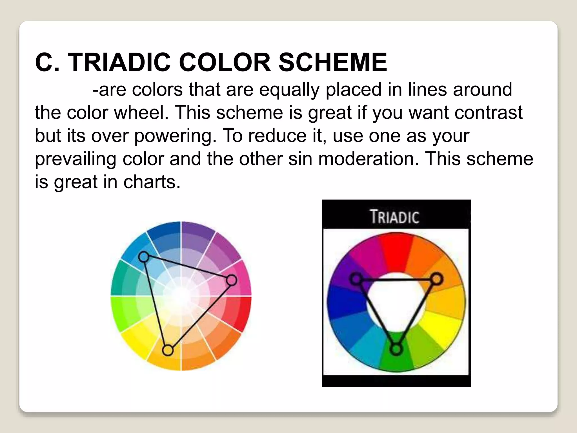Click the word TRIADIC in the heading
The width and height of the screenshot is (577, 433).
pyautogui.click(x=119, y=62)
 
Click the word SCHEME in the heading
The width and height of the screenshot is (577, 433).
pyautogui.click(x=332, y=62)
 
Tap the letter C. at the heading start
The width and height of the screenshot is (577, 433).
pyautogui.click(x=47, y=62)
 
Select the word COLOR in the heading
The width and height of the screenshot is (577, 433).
pyautogui.click(x=225, y=62)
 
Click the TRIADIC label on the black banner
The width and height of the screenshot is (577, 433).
pyautogui.click(x=395, y=217)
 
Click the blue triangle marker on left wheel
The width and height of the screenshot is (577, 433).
pyautogui.click(x=144, y=257)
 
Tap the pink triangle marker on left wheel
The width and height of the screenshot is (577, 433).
pyautogui.click(x=232, y=280)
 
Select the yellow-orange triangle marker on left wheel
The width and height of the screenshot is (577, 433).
pyautogui.click(x=168, y=350)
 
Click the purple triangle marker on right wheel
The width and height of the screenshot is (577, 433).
pyautogui.click(x=356, y=279)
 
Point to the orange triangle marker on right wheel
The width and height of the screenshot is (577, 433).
pyautogui.click(x=436, y=279)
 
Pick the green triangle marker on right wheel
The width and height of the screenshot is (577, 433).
pyautogui.click(x=396, y=349)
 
